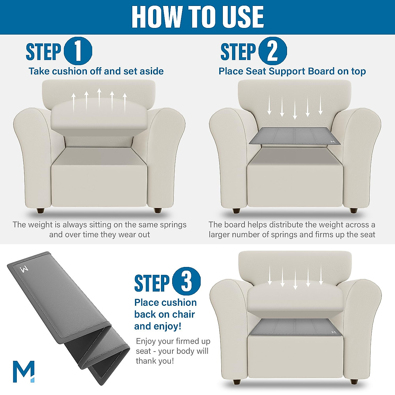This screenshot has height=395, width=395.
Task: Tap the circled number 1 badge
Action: coord(78,51)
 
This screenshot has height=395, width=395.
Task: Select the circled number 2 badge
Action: coord(272,51)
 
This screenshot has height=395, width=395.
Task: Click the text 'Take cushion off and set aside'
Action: coord(96,71)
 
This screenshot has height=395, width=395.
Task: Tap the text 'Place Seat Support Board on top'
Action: coord(292,71)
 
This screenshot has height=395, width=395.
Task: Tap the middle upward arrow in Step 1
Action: coord(99,98)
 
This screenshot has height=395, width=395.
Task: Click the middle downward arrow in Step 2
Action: coord(295,107)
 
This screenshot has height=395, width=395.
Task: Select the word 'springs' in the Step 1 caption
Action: coord(173,225)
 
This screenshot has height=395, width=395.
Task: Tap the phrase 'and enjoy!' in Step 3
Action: coord(158,326)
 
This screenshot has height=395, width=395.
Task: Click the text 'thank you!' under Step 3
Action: coord(155,361)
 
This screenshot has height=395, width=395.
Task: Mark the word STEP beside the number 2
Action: coord(238,52)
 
